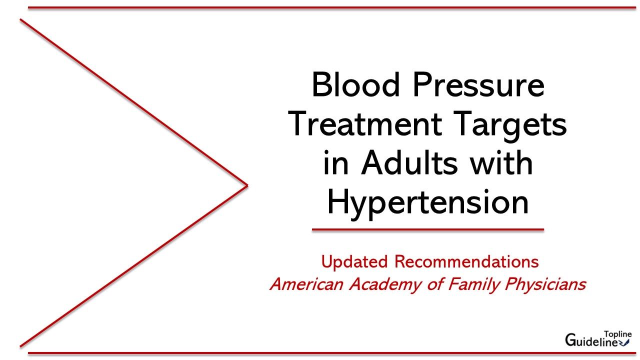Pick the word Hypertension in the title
pos(427,203)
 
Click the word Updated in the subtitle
pos(354,261)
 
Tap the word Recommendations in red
pos(466,261)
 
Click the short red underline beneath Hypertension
pos(427,230)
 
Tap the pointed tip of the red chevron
pos(247,186)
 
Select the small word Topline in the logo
pos(618,334)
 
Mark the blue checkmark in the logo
pos(625,342)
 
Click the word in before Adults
pos(333,163)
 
